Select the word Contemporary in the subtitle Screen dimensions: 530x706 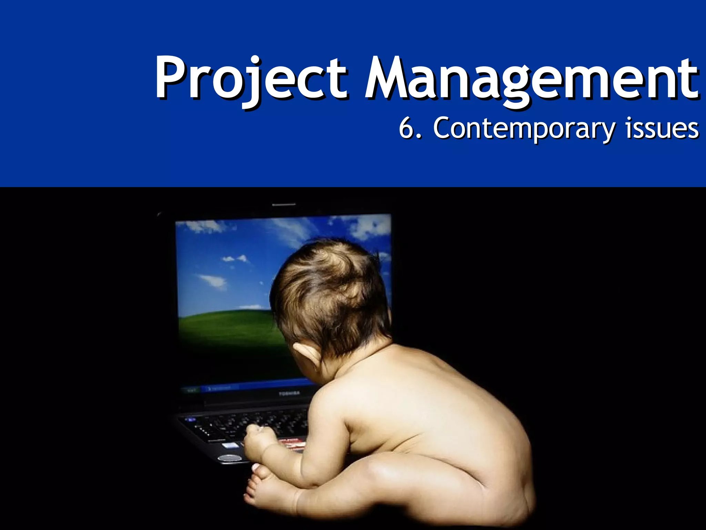(524, 128)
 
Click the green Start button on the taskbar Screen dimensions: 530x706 (191, 390)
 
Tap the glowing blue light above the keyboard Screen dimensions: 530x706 (190, 420)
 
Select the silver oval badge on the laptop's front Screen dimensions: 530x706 (230, 458)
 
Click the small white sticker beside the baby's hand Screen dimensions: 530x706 (230, 445)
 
